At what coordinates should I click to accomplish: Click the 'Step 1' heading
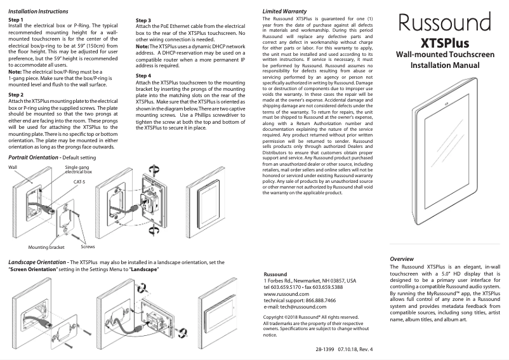coord(17,20)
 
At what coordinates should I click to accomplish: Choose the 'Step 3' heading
coord(143,20)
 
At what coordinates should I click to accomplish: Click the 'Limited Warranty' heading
coord(285,12)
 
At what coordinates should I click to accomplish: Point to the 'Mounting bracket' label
coord(46,247)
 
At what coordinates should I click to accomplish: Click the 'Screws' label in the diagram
coord(79,246)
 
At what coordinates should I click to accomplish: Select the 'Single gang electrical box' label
coord(79,169)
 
